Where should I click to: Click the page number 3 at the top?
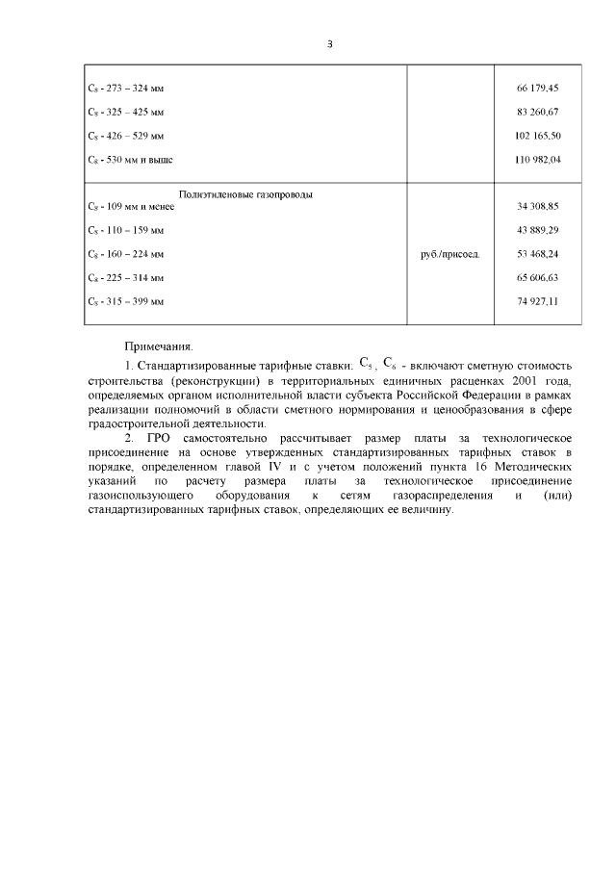(329, 43)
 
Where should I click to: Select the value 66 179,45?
(538, 89)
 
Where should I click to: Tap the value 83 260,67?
(538, 112)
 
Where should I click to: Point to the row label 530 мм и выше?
(130, 159)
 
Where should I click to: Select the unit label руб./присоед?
(450, 254)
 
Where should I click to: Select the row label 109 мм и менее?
(130, 207)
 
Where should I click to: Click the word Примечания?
(159, 345)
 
